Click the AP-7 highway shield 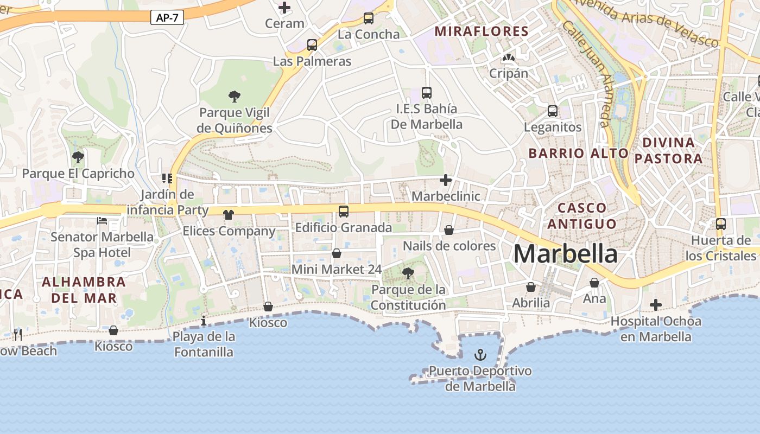167,18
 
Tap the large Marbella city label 565,254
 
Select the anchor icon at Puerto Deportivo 480,355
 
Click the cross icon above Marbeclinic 446,180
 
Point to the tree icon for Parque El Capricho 78,157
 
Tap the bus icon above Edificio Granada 343,212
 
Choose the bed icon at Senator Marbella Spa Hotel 102,221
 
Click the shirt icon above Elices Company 228,215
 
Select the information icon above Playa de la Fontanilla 204,321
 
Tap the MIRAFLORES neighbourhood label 482,31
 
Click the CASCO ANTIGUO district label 582,215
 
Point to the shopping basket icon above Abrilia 531,287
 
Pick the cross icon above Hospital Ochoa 656,305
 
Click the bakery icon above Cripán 509,58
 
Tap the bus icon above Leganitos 553,111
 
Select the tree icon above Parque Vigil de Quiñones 235,97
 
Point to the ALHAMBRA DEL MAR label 84,290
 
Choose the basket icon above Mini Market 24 337,253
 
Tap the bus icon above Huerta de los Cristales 721,224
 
